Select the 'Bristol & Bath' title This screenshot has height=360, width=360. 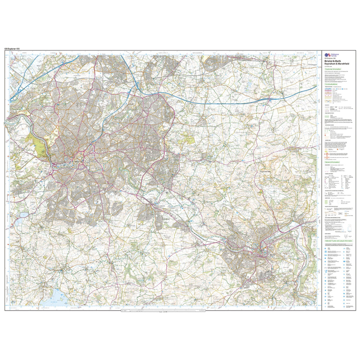332,61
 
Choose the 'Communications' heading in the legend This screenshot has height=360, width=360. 331,84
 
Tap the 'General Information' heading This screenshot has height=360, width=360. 332,162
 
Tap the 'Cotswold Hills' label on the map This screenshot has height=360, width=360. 266,171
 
